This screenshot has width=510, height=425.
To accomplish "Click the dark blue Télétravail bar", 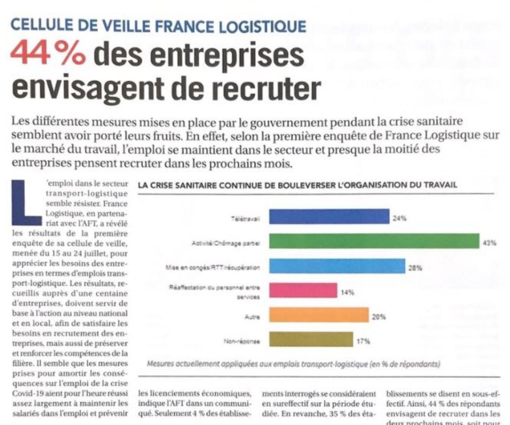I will [x=329, y=217].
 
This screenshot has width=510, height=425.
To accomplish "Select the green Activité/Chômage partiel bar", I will [x=374, y=241].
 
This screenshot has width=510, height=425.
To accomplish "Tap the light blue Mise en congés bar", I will [x=337, y=266].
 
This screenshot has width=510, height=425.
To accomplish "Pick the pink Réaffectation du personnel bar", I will [x=303, y=290].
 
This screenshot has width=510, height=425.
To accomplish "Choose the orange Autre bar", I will [x=319, y=315].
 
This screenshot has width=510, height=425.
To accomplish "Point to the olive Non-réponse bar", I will [x=311, y=339].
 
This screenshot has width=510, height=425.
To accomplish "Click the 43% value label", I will [x=490, y=243].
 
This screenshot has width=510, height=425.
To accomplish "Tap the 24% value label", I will [x=400, y=219].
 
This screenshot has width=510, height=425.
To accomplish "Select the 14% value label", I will [x=347, y=292].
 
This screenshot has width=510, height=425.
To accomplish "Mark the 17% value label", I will [x=363, y=341].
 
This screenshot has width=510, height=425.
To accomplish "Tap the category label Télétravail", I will [x=245, y=219].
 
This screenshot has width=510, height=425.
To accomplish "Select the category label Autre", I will [x=252, y=317].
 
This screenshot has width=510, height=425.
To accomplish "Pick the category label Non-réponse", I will [x=242, y=341].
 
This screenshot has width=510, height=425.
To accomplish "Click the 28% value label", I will [x=415, y=268].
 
